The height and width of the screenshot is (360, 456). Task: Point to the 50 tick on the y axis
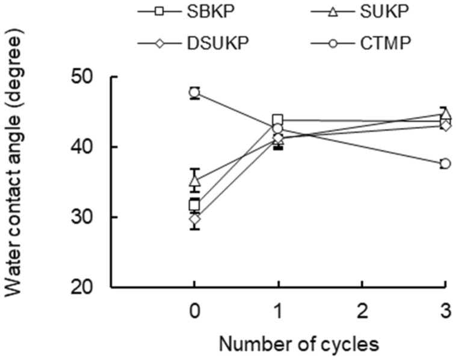tap(88, 78)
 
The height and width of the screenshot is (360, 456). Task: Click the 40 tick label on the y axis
tap(88, 148)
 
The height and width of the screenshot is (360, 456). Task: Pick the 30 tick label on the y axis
tap(88, 218)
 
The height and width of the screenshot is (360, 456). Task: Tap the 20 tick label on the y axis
tap(88, 288)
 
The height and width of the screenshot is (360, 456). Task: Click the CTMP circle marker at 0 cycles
tap(194, 93)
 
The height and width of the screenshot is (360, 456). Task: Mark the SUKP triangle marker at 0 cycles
tap(194, 180)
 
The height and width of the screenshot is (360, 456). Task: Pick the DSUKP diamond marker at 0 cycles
tap(194, 219)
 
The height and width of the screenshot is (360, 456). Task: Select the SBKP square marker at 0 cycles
tap(194, 205)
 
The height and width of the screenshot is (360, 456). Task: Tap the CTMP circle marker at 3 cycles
tap(445, 164)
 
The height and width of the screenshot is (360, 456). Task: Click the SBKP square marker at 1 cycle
tap(278, 120)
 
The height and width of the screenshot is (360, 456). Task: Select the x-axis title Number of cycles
tap(299, 344)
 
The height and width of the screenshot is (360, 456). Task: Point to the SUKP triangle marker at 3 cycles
tap(445, 114)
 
